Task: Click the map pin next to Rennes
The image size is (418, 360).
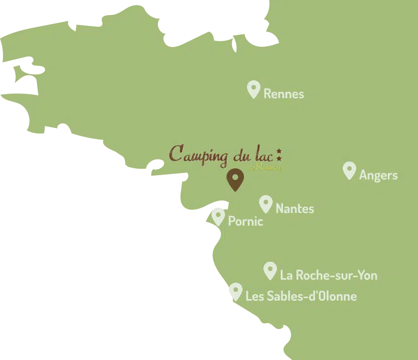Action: [x=253, y=89]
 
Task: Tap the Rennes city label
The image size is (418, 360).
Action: [x=283, y=94]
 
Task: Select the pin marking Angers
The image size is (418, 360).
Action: [x=349, y=170]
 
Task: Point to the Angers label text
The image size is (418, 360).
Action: [x=378, y=176]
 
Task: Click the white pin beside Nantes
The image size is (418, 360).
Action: [x=265, y=204]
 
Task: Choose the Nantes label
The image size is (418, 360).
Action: [x=295, y=209]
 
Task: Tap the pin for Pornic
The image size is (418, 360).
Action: [x=218, y=216]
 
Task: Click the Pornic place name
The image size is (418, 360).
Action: [x=245, y=222]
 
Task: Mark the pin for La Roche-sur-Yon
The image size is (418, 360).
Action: [x=270, y=270]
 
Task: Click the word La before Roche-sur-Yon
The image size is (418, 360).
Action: [x=286, y=275]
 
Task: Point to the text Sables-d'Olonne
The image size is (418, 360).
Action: [x=312, y=296]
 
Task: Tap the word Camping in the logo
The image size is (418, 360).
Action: [x=198, y=155]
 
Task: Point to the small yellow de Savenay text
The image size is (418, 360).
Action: [x=264, y=167]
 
